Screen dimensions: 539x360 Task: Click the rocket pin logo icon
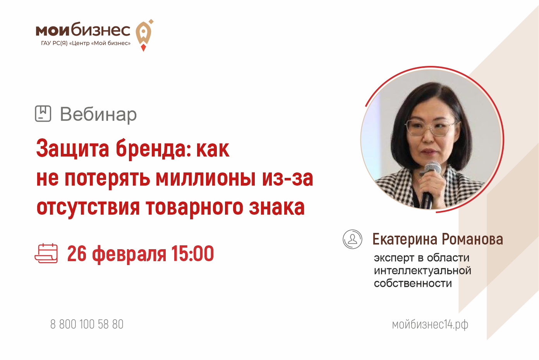coord(144,35)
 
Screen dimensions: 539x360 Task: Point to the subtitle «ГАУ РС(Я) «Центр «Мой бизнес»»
coord(86,43)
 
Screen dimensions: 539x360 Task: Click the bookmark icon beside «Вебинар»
coord(43,114)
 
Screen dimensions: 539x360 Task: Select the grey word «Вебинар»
coord(98,114)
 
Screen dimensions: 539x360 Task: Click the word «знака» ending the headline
coord(277,207)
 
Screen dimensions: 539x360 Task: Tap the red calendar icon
coord(46,253)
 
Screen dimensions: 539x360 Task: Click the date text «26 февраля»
coord(117,254)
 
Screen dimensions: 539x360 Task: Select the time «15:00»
coord(192,253)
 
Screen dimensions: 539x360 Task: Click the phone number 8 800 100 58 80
coord(87,324)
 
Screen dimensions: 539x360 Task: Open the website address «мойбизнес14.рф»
coord(430,325)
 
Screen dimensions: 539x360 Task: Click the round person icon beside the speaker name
coord(352,239)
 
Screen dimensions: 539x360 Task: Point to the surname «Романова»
coord(472,239)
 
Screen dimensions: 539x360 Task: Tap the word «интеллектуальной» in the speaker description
coord(422,270)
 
